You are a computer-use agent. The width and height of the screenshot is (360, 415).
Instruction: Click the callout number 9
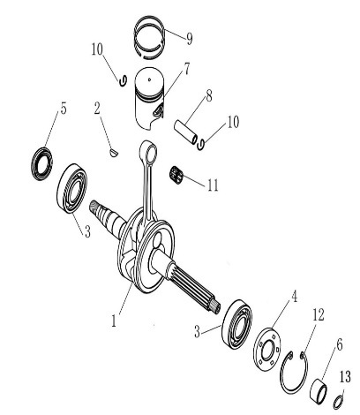(x=190, y=39)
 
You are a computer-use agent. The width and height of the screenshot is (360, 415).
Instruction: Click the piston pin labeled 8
(x=185, y=132)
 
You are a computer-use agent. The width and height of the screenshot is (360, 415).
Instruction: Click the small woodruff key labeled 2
(x=114, y=153)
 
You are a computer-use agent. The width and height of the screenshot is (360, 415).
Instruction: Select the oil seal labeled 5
(x=41, y=163)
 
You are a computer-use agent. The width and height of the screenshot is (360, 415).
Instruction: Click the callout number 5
(x=64, y=109)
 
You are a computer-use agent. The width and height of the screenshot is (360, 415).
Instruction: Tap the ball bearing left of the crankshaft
(x=72, y=188)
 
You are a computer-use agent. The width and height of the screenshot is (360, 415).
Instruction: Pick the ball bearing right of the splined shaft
(x=237, y=324)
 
